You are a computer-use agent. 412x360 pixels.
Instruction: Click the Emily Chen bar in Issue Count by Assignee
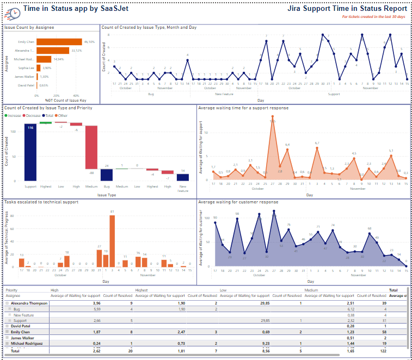(59, 42)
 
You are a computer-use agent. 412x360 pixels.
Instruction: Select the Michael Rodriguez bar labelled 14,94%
(44, 59)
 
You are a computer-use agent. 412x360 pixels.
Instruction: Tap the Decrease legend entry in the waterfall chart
(34, 115)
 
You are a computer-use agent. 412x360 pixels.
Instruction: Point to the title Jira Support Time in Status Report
(348, 9)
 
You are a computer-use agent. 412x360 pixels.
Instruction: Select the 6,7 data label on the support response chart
(317, 143)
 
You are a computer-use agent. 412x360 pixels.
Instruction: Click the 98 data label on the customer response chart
(237, 214)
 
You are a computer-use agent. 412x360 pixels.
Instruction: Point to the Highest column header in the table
(142, 290)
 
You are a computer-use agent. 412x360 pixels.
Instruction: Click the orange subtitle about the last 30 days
(374, 17)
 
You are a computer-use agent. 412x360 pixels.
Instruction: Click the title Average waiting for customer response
(238, 202)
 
